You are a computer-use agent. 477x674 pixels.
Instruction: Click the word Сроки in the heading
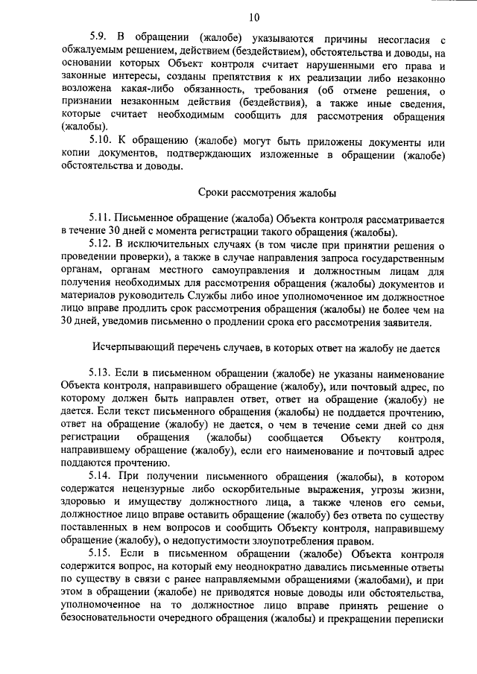point(215,193)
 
